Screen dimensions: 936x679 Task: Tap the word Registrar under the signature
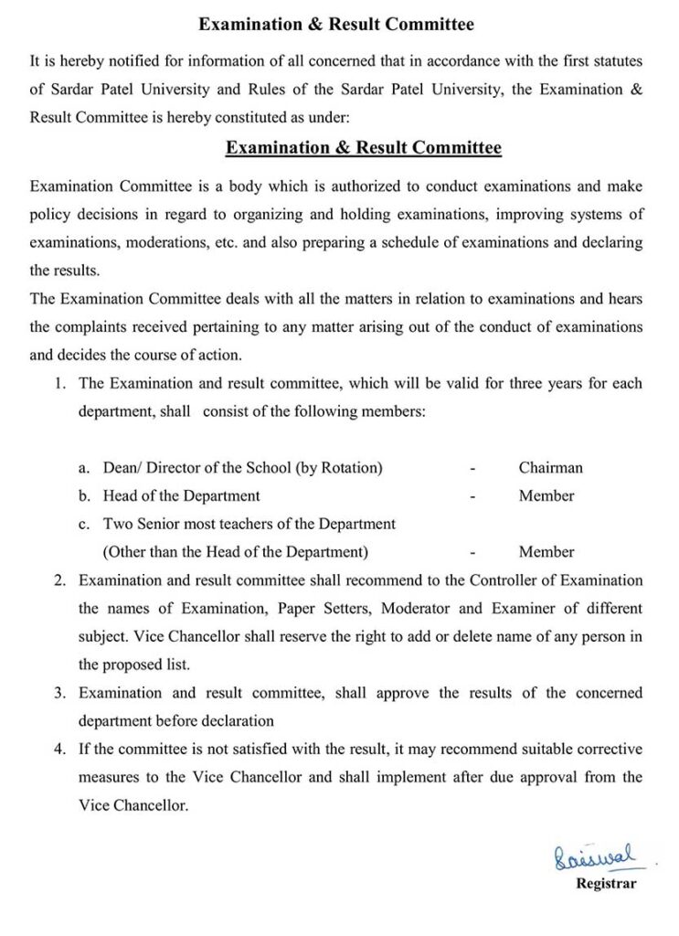(x=606, y=884)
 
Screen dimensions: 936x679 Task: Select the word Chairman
(x=550, y=467)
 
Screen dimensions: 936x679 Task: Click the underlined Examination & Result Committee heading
(x=363, y=147)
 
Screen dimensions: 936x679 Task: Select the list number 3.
(x=59, y=693)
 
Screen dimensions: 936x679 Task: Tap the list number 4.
(x=59, y=750)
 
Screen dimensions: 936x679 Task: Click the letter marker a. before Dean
(x=84, y=467)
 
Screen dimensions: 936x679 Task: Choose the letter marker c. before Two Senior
(x=84, y=524)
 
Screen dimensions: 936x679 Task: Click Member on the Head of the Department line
(x=546, y=495)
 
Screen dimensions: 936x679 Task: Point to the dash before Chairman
(x=472, y=468)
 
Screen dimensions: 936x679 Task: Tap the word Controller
(x=503, y=580)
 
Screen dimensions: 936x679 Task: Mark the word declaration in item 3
(x=237, y=720)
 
